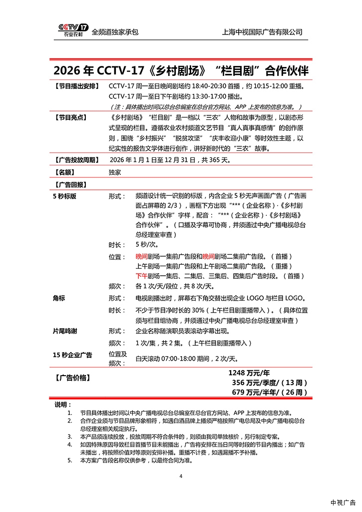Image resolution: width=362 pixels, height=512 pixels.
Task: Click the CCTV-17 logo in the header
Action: tap(73, 30)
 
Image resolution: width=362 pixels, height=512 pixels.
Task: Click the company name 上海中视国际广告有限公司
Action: tap(262, 32)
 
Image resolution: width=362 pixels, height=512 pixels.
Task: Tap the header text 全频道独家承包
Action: tap(115, 32)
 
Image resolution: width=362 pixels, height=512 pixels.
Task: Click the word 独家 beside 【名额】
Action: tap(115, 172)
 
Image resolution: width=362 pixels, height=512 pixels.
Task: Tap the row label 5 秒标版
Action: tap(65, 196)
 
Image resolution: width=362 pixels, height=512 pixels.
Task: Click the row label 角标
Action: tap(59, 298)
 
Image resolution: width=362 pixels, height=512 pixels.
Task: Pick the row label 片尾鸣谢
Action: tap(65, 331)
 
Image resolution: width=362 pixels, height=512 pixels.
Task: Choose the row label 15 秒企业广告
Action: tap(72, 355)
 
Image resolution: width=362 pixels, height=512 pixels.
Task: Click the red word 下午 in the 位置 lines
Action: tap(141, 276)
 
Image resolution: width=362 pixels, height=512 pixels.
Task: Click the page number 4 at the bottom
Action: tap(181, 476)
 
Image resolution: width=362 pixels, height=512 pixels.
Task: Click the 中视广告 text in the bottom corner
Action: tap(343, 502)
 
